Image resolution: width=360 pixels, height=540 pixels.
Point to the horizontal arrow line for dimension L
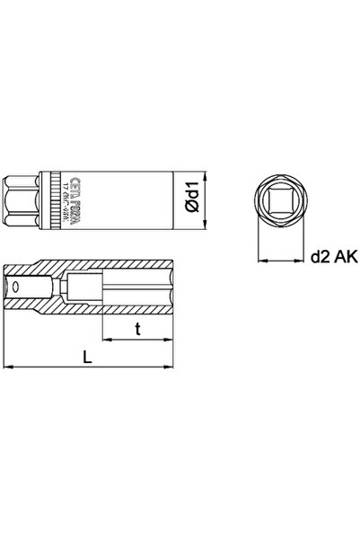click(x=90, y=367)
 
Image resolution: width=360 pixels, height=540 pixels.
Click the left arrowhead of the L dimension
click(x=10, y=367)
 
